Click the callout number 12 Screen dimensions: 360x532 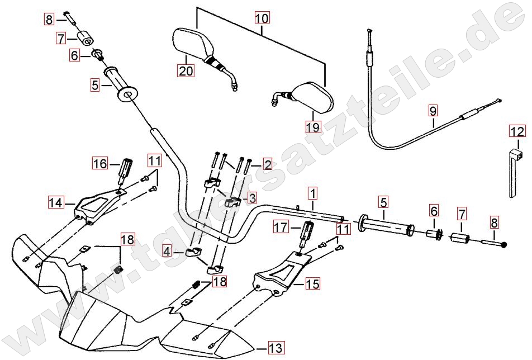coord(517,132)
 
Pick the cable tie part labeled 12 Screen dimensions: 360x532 coord(515,173)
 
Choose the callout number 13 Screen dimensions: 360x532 coord(275,348)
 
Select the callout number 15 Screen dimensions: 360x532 coord(312,284)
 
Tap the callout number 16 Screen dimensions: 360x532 coord(99,164)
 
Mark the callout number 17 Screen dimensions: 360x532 coord(280,227)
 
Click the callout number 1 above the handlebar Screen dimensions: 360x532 coord(312,194)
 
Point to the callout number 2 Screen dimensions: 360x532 coord(268,165)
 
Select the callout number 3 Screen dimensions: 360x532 coord(252,197)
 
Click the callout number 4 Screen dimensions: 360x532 coord(167,252)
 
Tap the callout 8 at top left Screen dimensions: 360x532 coord(49,20)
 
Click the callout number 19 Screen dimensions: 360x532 coord(313,127)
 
